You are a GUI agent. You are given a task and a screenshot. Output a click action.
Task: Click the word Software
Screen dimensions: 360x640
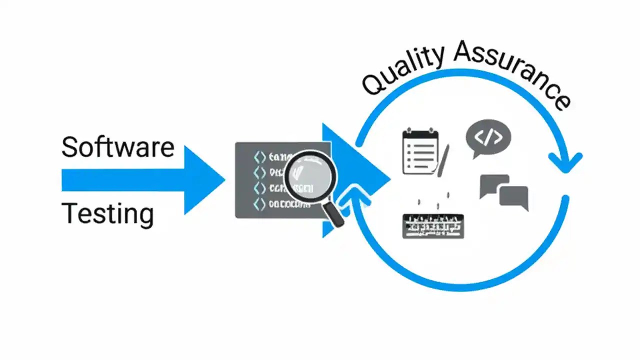pos(117,147)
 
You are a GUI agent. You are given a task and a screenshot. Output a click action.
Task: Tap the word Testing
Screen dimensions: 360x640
pos(107,214)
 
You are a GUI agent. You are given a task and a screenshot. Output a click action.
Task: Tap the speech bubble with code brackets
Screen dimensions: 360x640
pos(488,137)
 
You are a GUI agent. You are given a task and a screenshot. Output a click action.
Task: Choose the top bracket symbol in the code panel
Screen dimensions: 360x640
pos(259,157)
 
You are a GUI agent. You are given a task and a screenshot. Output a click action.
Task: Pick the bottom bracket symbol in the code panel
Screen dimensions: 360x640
pos(259,204)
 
